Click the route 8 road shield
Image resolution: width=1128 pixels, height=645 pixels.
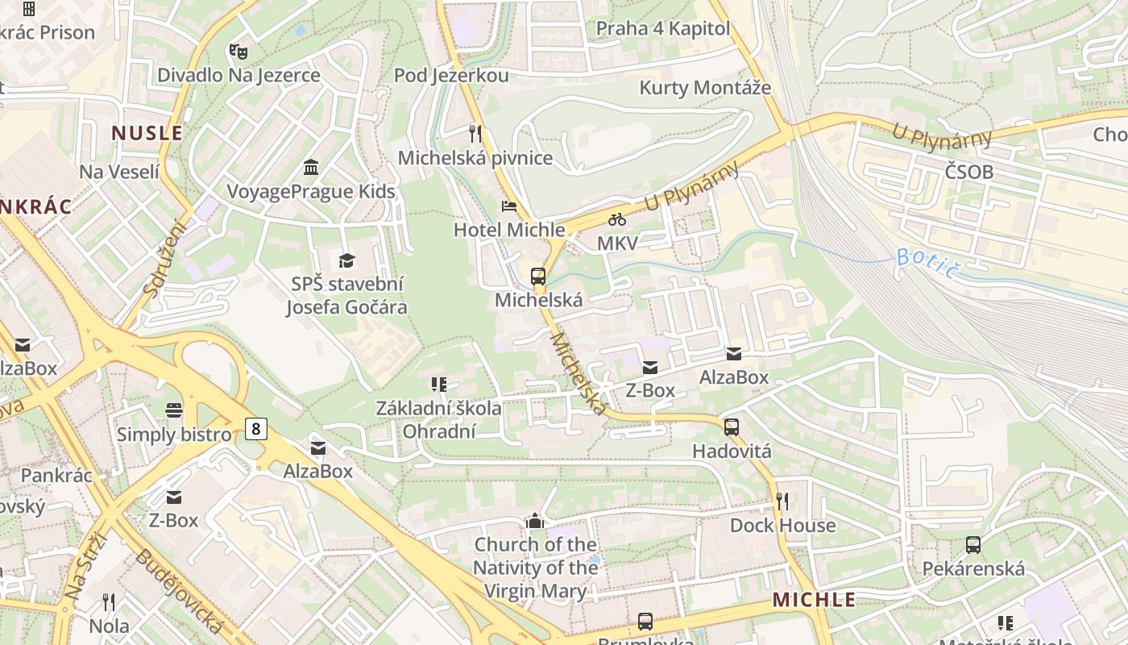pyautogui.click(x=255, y=428)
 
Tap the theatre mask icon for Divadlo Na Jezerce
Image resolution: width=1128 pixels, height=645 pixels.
pyautogui.click(x=238, y=52)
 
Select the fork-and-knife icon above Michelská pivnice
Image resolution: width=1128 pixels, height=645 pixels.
pyautogui.click(x=475, y=133)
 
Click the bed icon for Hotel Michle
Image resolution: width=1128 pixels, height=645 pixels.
pyautogui.click(x=509, y=206)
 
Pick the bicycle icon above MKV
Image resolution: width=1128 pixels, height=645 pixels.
pyautogui.click(x=617, y=219)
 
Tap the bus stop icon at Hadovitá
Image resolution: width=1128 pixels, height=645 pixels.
pyautogui.click(x=732, y=427)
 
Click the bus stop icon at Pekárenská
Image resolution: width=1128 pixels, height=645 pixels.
pyautogui.click(x=973, y=545)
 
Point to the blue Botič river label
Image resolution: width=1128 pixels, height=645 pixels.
pyautogui.click(x=927, y=263)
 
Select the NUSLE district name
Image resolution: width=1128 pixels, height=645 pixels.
pyautogui.click(x=147, y=133)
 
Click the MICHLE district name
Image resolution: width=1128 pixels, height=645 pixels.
pyautogui.click(x=814, y=599)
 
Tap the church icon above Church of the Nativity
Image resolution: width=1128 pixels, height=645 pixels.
pyautogui.click(x=535, y=522)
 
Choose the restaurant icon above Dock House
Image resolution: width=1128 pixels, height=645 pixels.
pyautogui.click(x=782, y=501)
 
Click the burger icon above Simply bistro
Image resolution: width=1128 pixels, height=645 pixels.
pyautogui.click(x=174, y=410)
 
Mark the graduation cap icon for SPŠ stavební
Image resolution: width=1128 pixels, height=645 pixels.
pyautogui.click(x=347, y=260)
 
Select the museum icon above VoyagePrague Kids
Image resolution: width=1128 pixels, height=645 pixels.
pyautogui.click(x=311, y=167)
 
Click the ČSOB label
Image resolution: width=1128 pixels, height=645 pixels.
pyautogui.click(x=969, y=172)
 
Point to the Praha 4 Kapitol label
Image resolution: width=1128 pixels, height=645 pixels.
pyautogui.click(x=663, y=29)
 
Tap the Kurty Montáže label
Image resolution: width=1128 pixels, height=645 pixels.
pyautogui.click(x=705, y=88)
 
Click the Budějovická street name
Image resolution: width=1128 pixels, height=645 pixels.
pyautogui.click(x=179, y=591)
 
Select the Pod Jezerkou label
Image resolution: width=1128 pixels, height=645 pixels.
pyautogui.click(x=451, y=76)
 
